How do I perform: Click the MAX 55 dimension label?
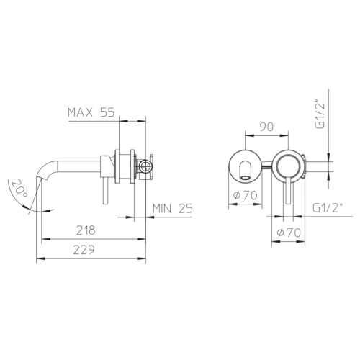coord(91,112)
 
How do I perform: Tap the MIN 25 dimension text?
coord(173,209)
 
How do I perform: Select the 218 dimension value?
coord(86,230)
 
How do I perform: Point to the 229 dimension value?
coord(84,250)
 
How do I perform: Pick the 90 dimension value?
coord(266,127)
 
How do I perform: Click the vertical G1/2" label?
coord(320,114)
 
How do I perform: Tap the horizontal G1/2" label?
coord(328,208)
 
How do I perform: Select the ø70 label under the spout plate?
coord(245,195)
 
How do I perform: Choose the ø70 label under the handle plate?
coord(289,233)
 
